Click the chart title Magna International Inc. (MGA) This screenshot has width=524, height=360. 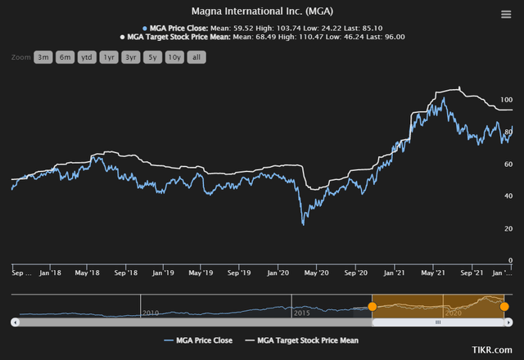pyautogui.click(x=262, y=11)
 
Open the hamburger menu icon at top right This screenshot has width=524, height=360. pyautogui.click(x=506, y=14)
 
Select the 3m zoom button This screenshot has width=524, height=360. pyautogui.click(x=43, y=57)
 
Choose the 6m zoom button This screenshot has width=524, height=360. pyautogui.click(x=65, y=57)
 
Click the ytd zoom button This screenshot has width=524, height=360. pyautogui.click(x=87, y=57)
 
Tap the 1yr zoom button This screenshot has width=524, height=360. pyautogui.click(x=109, y=57)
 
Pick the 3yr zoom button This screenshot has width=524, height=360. pyautogui.click(x=131, y=57)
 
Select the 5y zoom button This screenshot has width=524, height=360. pyautogui.click(x=152, y=57)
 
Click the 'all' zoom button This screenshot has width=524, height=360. pyautogui.click(x=196, y=57)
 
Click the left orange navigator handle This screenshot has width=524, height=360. pyautogui.click(x=373, y=306)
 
